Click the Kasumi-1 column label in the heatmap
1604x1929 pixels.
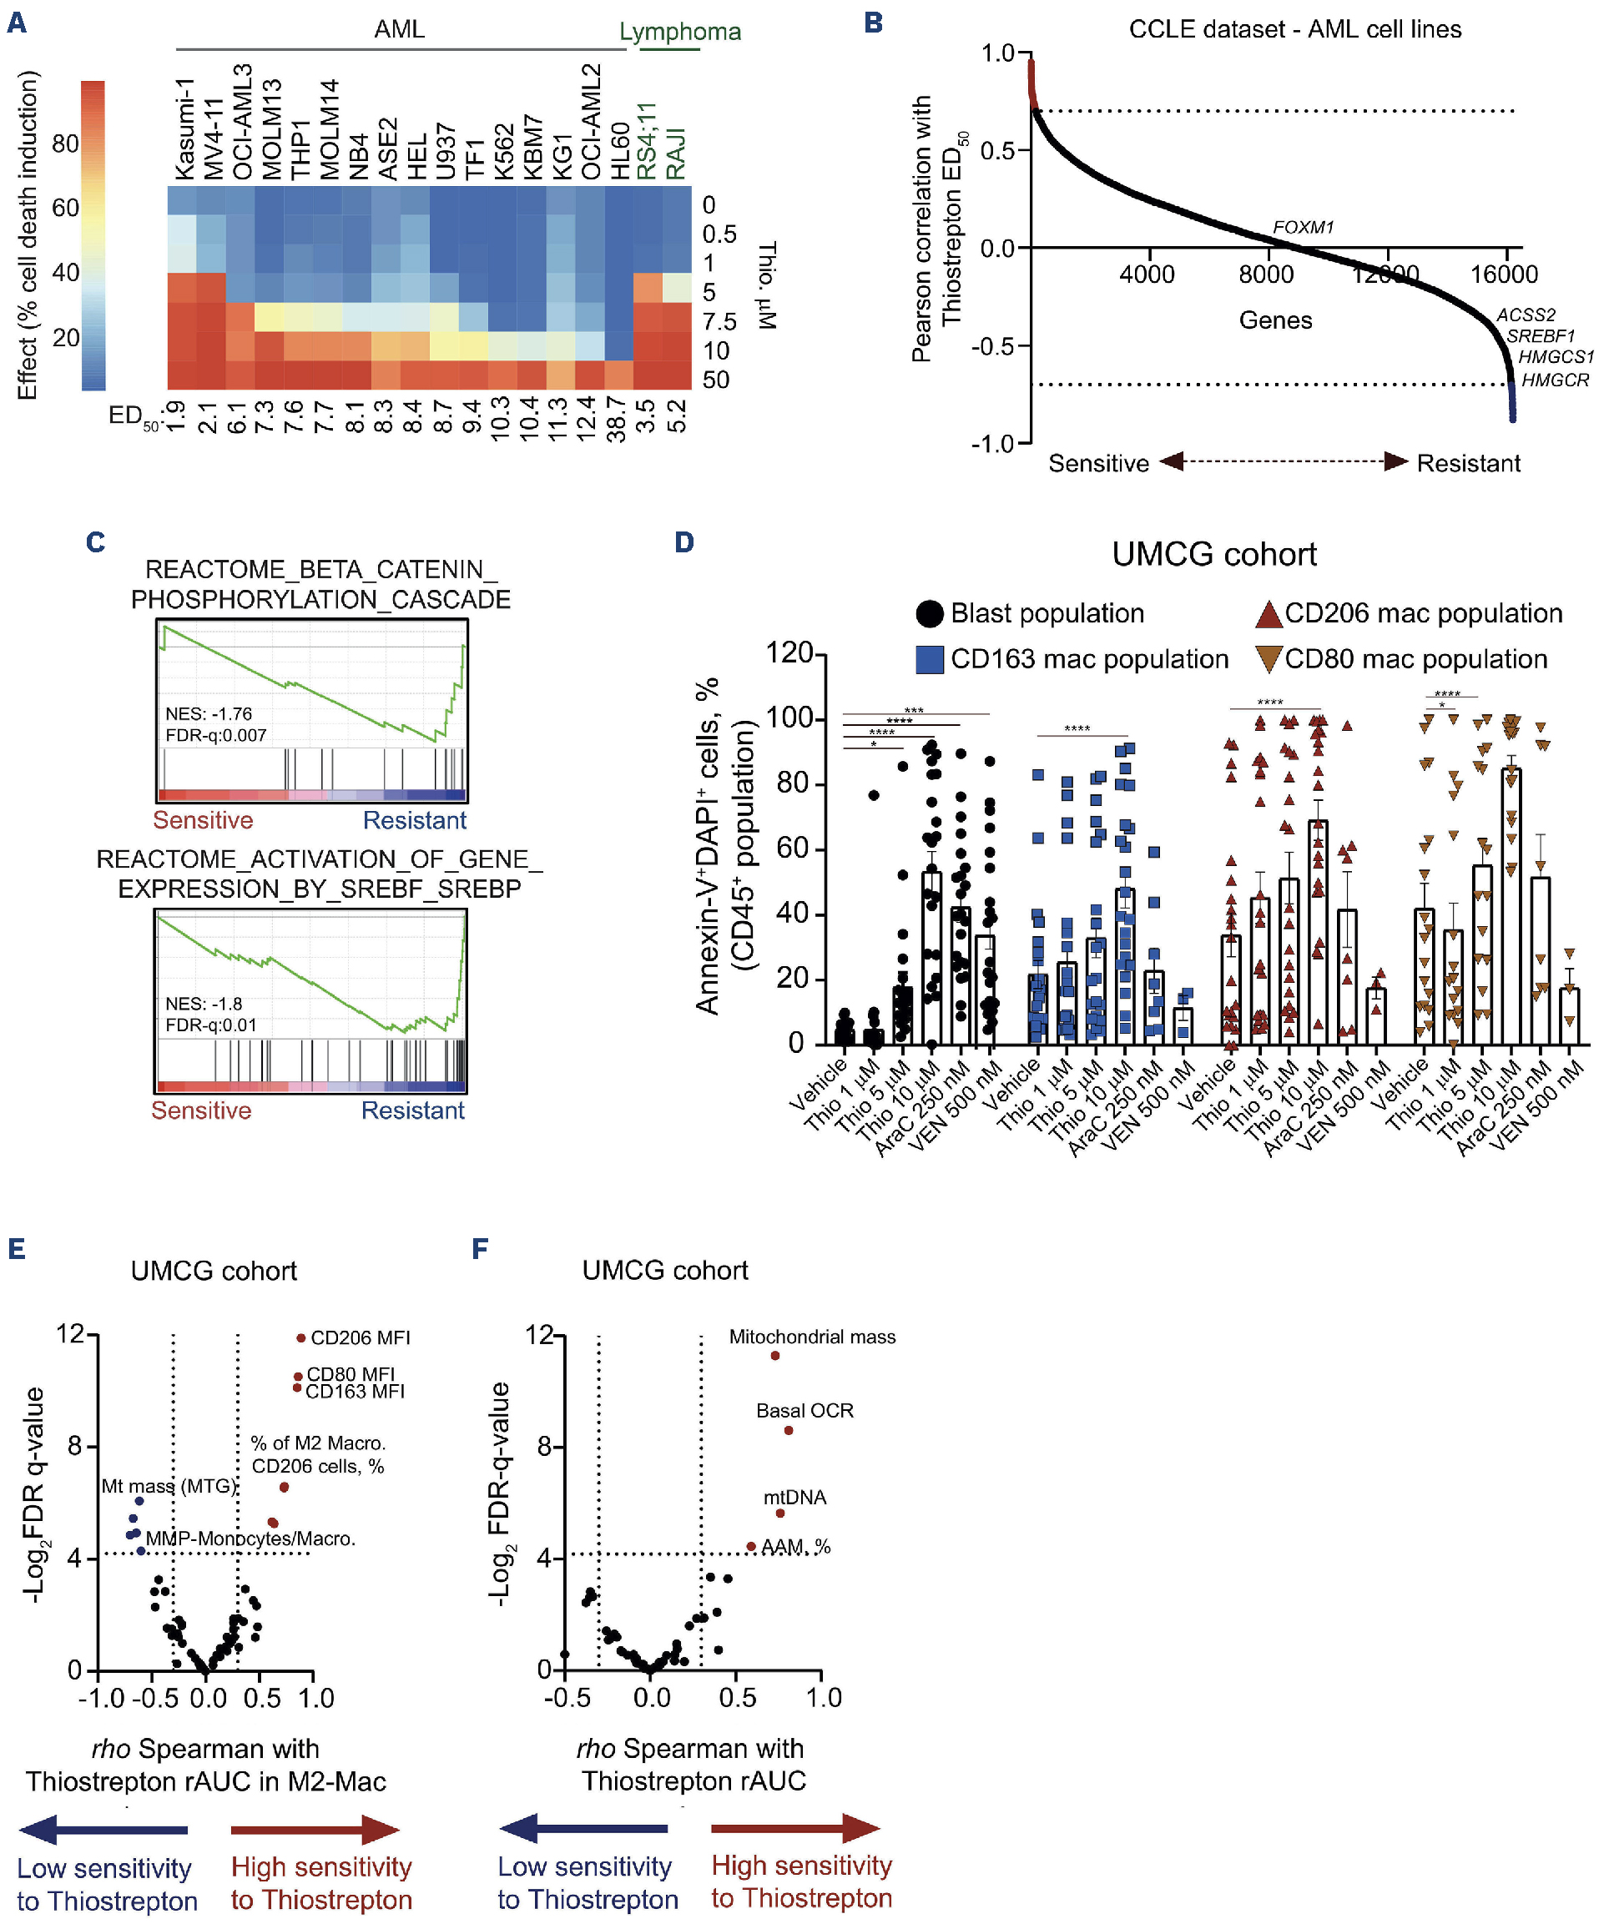(184, 128)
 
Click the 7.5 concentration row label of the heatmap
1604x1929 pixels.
(719, 321)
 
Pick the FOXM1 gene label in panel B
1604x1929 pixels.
(1303, 227)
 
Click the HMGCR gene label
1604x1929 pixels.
(1555, 380)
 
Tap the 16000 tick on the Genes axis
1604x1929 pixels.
(1504, 274)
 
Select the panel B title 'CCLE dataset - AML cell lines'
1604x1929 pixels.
(1294, 29)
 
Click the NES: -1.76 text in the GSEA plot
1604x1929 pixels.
(209, 713)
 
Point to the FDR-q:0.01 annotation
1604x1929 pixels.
(211, 1025)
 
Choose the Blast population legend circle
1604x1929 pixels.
(930, 613)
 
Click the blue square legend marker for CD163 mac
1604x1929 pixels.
(930, 659)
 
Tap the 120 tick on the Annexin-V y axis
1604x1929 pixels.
(789, 653)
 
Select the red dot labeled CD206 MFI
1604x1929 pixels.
(301, 1337)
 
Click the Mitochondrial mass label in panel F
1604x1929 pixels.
(812, 1337)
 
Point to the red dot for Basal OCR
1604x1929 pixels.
(788, 1430)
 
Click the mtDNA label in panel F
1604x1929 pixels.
(794, 1498)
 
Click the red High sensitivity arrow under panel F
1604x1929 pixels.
(795, 1828)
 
